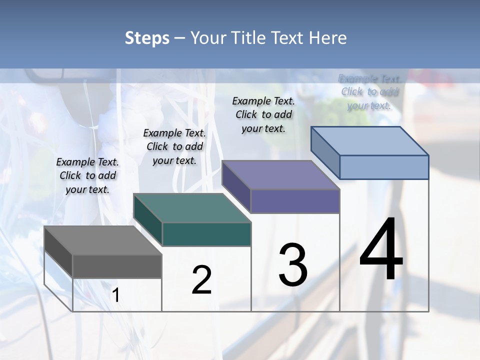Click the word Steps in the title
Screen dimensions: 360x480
point(147,38)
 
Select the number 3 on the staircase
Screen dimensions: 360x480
point(293,265)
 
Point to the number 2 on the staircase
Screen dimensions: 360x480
point(201,280)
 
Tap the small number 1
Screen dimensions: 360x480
point(115,295)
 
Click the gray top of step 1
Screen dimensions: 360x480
point(102,240)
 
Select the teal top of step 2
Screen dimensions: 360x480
point(191,207)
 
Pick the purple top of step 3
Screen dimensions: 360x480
point(280,175)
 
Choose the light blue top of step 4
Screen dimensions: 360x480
point(369,141)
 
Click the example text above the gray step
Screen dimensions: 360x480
point(87,175)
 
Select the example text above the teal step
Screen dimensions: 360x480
point(174,146)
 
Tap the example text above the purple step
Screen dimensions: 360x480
point(263,114)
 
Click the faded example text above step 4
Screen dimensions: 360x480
point(369,92)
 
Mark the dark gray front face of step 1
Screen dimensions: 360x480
point(117,266)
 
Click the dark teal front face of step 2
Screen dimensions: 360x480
point(206,234)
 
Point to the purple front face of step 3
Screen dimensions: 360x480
point(295,201)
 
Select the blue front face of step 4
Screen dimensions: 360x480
point(384,167)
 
